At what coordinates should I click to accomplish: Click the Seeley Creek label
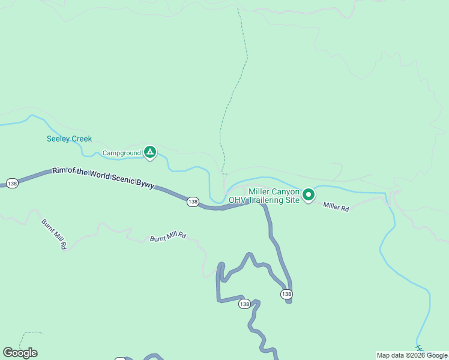point(70,139)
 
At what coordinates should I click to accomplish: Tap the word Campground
point(121,153)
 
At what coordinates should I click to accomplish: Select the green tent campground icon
point(150,152)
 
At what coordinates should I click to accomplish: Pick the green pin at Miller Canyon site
point(309,194)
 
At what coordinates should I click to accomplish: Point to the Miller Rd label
point(336,206)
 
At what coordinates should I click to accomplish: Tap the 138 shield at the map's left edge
point(12,182)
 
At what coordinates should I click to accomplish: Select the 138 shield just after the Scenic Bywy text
point(192,202)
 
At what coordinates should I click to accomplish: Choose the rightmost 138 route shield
point(286,294)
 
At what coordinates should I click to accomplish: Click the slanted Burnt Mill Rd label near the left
point(54,234)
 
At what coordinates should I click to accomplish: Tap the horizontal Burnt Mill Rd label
point(168,238)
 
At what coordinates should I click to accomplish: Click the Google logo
point(20,353)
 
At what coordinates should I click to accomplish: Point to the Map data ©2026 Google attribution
point(412,355)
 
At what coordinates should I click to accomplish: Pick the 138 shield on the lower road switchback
point(244,304)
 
